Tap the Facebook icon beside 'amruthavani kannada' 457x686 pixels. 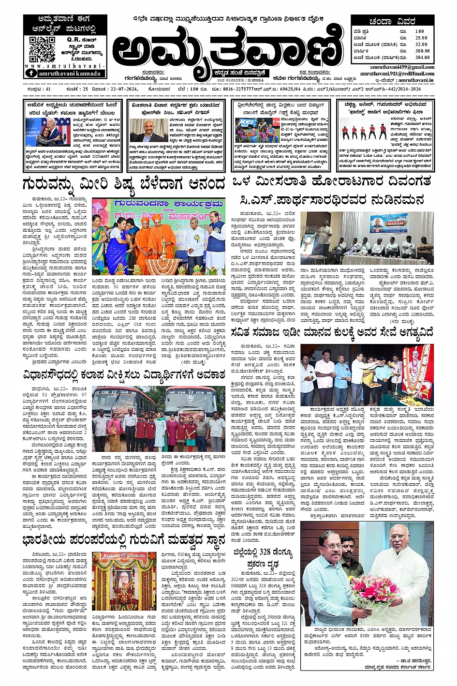pyautogui.click(x=31, y=73)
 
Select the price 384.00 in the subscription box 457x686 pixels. pyautogui.click(x=422, y=57)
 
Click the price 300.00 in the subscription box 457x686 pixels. pyautogui.click(x=422, y=51)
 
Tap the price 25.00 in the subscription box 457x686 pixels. pyautogui.click(x=421, y=38)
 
